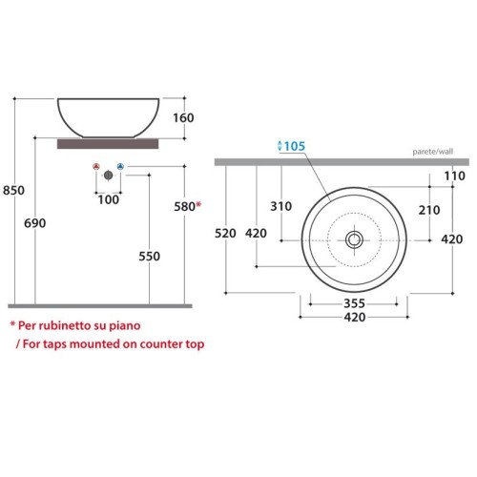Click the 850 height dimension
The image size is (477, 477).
(13, 191)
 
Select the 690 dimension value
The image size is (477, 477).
(35, 223)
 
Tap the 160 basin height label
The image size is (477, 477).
(183, 118)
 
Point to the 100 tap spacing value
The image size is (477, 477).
(109, 199)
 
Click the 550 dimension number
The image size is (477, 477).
(149, 257)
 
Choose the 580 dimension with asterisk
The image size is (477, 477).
(188, 206)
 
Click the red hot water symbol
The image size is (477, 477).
(96, 166)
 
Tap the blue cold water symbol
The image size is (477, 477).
(120, 166)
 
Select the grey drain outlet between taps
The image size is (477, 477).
(109, 175)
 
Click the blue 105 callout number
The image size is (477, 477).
(295, 146)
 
